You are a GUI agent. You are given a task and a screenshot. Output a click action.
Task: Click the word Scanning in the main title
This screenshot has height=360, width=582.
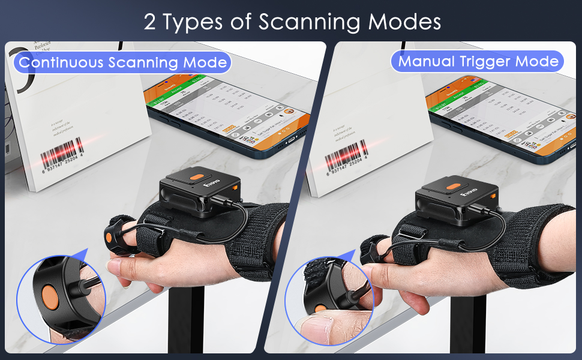pos(311,22)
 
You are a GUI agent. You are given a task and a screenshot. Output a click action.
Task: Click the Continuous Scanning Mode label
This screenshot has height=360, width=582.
pos(124,62)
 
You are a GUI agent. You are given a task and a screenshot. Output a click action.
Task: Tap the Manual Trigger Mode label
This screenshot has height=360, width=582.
pos(478,61)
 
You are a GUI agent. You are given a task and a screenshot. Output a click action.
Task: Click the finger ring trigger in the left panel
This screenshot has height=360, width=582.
pos(115,231)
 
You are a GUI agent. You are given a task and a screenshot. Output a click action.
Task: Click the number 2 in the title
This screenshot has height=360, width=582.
pos(150,22)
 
